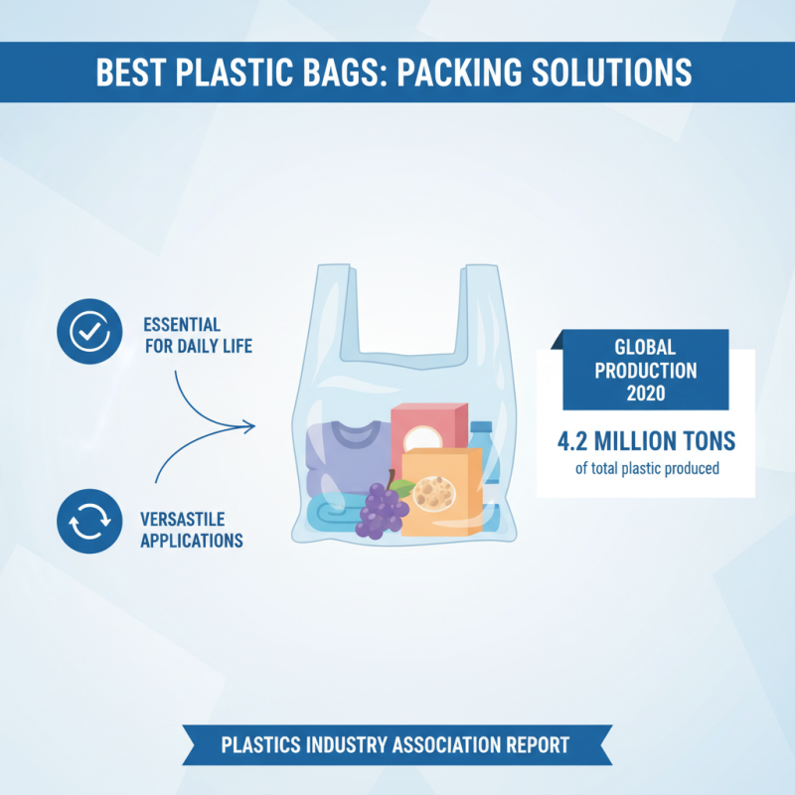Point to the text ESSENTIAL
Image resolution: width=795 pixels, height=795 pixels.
pyautogui.click(x=182, y=325)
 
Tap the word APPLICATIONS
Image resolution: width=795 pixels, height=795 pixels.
pyautogui.click(x=192, y=542)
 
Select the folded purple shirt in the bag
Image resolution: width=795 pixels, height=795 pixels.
pyautogui.click(x=344, y=458)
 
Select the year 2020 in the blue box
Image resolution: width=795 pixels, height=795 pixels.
pyautogui.click(x=646, y=391)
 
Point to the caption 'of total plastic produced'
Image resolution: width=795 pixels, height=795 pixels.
pyautogui.click(x=646, y=468)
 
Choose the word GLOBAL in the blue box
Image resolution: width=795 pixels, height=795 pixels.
pyautogui.click(x=646, y=348)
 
